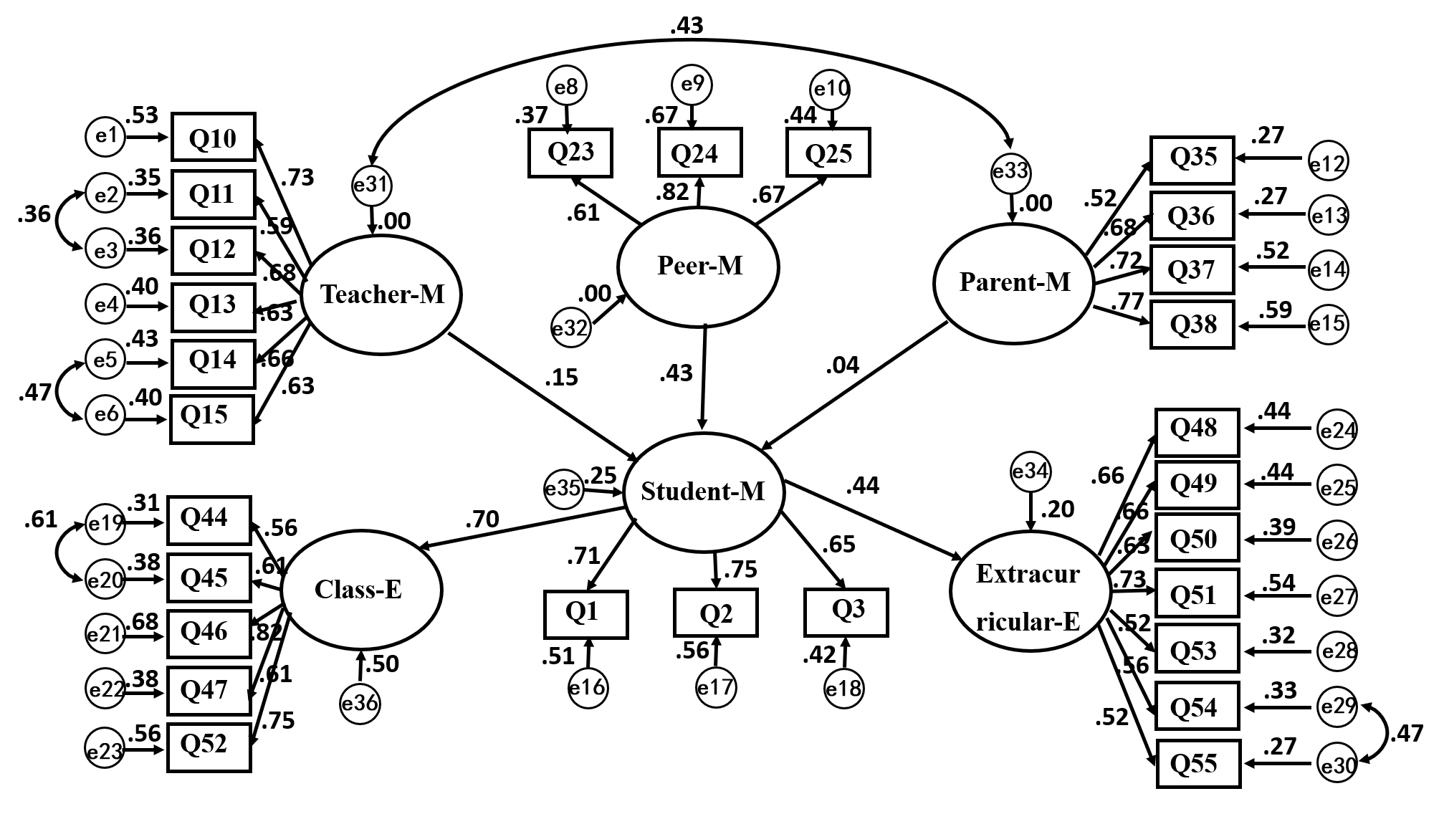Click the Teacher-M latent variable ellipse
[381, 294]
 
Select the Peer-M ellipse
[699, 267]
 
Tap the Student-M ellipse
[703, 492]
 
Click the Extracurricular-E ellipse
[1029, 591]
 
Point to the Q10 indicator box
[213, 137]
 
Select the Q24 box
[699, 153]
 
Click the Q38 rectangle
[1192, 325]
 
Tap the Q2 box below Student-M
[715, 613]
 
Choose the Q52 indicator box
[209, 747]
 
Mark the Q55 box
[1197, 763]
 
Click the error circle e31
[372, 185]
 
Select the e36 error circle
[360, 704]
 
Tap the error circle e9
[692, 85]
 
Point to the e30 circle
[1338, 765]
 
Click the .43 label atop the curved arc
[687, 27]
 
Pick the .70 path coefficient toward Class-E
[482, 519]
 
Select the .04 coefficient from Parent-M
[842, 365]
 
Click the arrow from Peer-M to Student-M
[704, 376]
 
